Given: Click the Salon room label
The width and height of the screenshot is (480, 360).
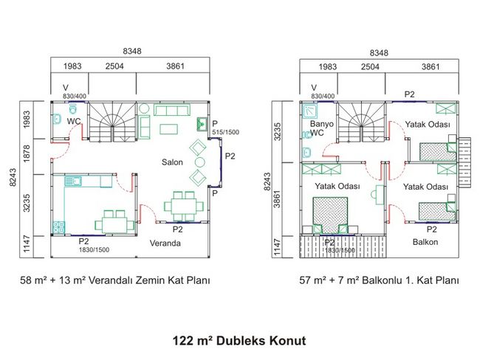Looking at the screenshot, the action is tap(172, 162).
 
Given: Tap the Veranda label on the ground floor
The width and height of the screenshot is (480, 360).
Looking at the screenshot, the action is tap(165, 243).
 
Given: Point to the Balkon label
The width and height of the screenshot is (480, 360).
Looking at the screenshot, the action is tap(425, 242).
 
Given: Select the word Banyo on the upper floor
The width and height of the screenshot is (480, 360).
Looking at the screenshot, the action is tap(322, 124).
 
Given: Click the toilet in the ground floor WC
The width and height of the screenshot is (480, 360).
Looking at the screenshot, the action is tap(73, 108).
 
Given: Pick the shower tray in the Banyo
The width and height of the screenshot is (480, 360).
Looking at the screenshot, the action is tap(310, 111).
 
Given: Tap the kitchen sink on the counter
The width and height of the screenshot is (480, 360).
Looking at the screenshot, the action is tap(73, 181).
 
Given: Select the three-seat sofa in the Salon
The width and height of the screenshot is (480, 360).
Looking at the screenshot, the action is tap(172, 110).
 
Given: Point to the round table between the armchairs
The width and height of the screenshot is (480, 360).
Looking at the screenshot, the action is tap(199, 162).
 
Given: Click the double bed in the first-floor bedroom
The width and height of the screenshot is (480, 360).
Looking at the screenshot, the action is tap(330, 215).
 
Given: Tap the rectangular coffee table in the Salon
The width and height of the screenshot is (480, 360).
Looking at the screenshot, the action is tap(168, 129).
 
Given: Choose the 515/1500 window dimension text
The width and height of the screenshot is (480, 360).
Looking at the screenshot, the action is tap(226, 133).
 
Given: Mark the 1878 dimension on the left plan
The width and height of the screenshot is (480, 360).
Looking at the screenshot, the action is tap(27, 153).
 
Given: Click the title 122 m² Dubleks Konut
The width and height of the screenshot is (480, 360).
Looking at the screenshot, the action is tap(239, 340).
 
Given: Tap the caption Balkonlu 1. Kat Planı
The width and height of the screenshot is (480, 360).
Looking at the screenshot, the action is tap(410, 280).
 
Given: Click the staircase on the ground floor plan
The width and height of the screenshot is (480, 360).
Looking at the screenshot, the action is tap(112, 122).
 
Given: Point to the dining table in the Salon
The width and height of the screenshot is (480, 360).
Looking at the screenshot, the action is tap(184, 207).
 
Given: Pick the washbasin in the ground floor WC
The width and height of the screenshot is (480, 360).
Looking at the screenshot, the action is tap(57, 119).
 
